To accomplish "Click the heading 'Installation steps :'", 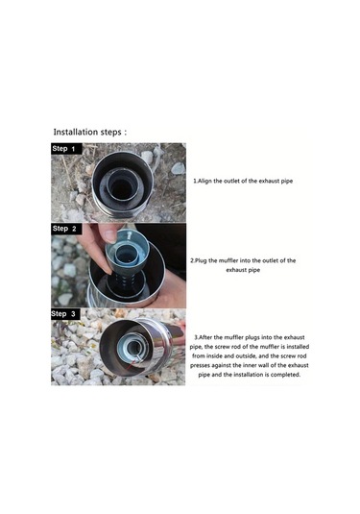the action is point(89,133).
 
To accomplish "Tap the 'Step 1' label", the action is point(63,149).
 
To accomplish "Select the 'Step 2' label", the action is point(64,229).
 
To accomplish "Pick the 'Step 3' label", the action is point(63,314).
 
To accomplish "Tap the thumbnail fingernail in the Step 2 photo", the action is point(109,235).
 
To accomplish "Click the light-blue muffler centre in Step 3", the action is point(133,348).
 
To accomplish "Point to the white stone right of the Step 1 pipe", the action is point(179,168).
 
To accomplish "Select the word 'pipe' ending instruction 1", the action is point(287,182).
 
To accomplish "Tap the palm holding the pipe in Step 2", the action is point(170,288).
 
